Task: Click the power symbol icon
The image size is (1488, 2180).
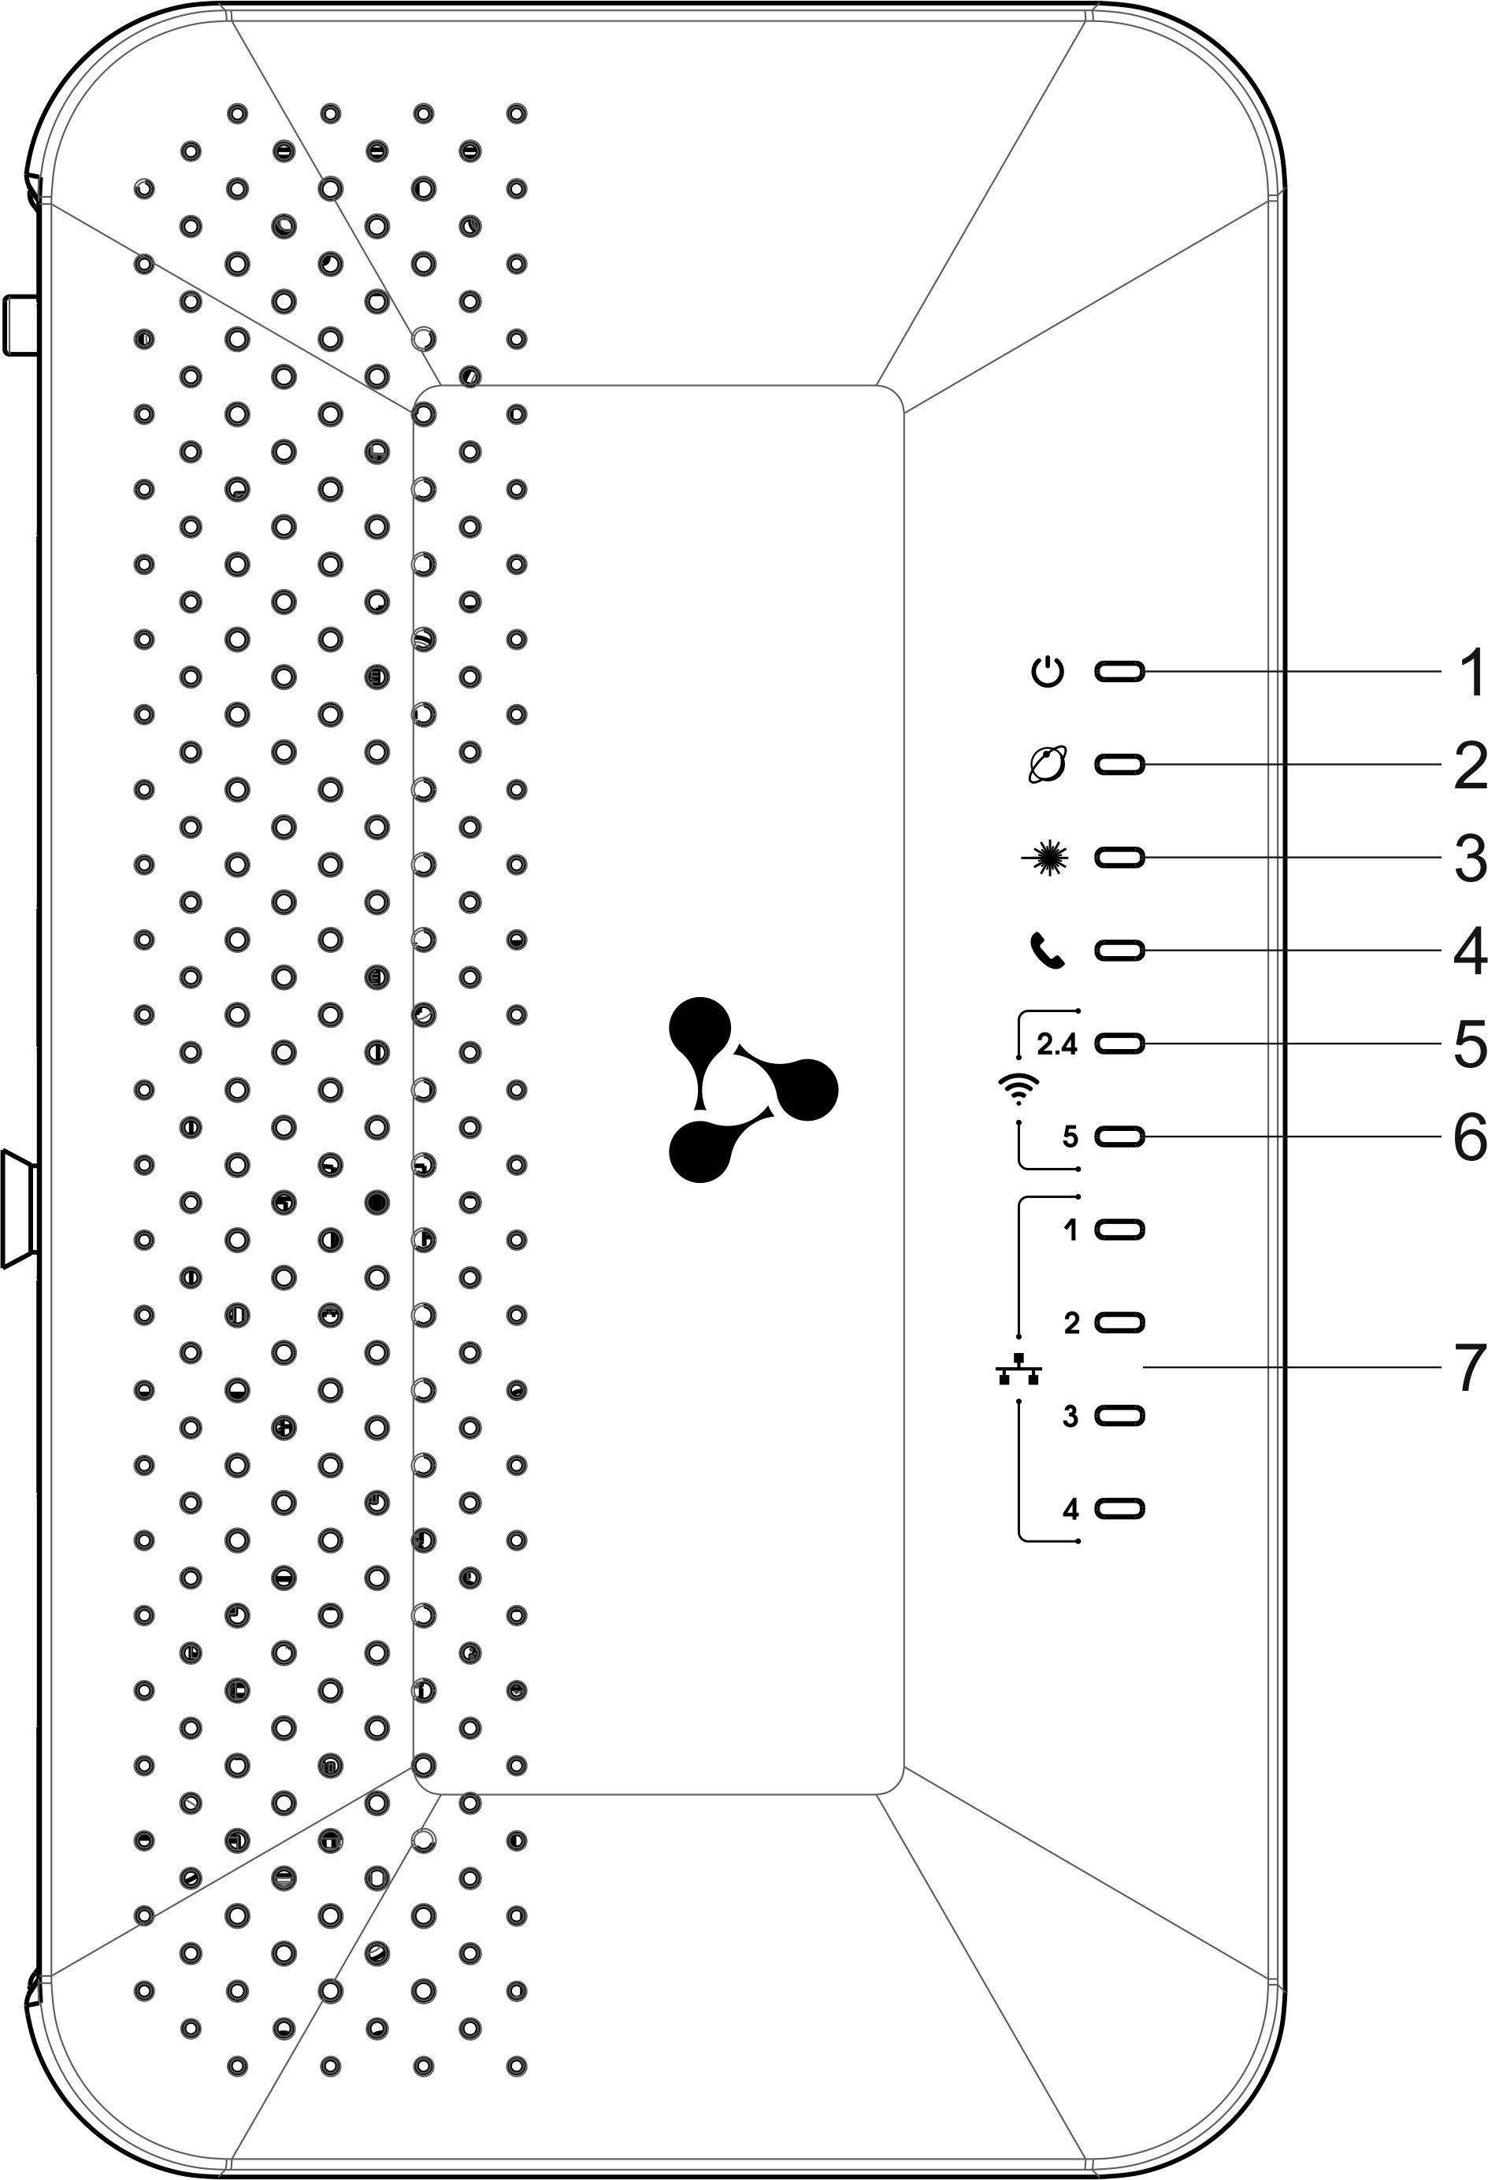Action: coord(1047,672)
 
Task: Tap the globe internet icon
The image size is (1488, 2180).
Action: coord(1047,765)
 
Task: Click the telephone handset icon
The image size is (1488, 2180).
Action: coord(1047,951)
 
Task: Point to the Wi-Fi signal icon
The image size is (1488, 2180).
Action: coord(1019,1088)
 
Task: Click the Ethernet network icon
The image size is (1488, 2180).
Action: coord(1019,1370)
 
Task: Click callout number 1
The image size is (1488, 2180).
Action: coord(1470,673)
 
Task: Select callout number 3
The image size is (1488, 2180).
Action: coord(1470,858)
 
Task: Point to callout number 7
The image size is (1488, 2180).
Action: coord(1470,1369)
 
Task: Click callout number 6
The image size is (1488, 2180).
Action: coord(1470,1137)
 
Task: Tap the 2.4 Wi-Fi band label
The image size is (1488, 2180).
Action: coord(1057,1043)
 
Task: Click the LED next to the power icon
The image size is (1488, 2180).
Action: coord(1120,672)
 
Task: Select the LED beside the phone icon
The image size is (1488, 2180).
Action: coord(1120,951)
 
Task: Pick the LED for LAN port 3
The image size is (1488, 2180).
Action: coord(1120,1415)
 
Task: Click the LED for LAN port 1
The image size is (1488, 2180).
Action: coord(1120,1229)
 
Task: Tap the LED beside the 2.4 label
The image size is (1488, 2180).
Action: coord(1120,1043)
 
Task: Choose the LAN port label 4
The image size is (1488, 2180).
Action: coord(1071,1509)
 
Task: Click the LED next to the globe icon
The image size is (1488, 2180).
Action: coord(1120,765)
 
